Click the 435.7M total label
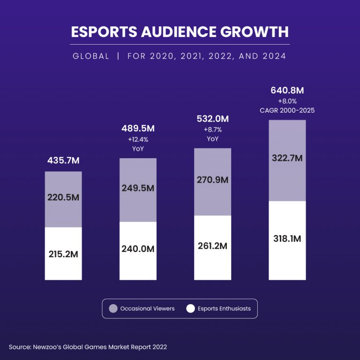point(63,161)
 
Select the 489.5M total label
point(138,129)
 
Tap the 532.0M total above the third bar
point(212,119)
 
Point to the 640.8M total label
point(287,90)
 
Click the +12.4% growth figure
point(138,139)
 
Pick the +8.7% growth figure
point(212,130)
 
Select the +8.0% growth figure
point(287,101)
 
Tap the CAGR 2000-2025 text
point(287,110)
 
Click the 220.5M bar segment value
point(63,198)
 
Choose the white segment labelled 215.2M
point(63,254)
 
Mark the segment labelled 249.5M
point(138,188)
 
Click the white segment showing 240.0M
point(138,249)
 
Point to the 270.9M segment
point(212,180)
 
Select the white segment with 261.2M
point(212,246)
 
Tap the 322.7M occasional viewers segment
point(287,158)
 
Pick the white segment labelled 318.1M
point(287,238)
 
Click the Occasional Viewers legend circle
point(113,309)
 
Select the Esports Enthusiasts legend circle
point(190,309)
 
